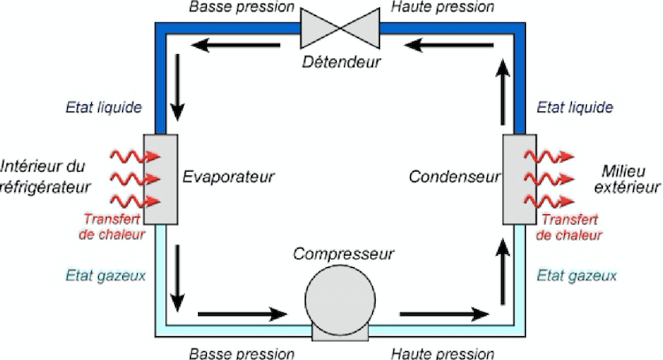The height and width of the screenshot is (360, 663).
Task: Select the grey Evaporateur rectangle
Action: (x=161, y=179)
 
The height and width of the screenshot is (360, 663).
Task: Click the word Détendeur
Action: (x=339, y=63)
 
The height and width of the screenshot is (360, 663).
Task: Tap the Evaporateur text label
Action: (x=228, y=176)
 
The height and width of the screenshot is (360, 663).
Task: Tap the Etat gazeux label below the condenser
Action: (x=576, y=275)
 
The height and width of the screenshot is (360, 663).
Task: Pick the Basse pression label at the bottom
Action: (x=240, y=353)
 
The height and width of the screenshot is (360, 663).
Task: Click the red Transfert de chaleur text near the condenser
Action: (x=570, y=227)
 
